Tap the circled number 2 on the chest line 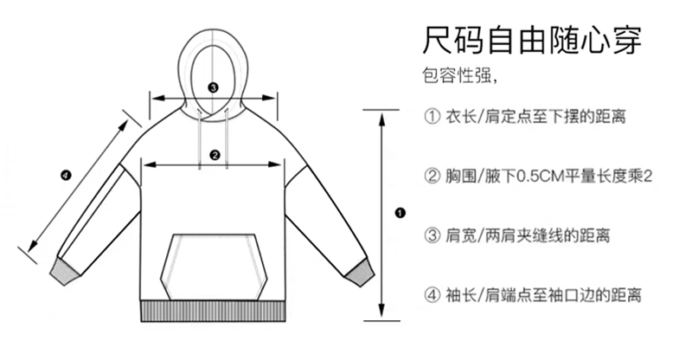[214, 156]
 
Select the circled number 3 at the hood [214, 87]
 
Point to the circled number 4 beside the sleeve [66, 176]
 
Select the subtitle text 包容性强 [458, 77]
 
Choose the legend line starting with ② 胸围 [537, 176]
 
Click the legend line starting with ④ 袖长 [531, 295]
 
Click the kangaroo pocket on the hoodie [214, 263]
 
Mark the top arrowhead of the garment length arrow [381, 113]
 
